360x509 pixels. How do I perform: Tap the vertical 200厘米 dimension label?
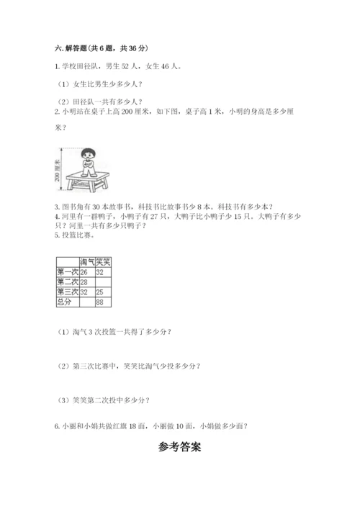[58, 170]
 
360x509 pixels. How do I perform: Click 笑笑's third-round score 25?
[100, 293]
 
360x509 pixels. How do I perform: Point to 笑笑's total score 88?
[100, 303]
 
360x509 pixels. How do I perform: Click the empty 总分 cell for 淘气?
[87, 303]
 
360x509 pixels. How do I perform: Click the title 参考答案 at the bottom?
[179, 447]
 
